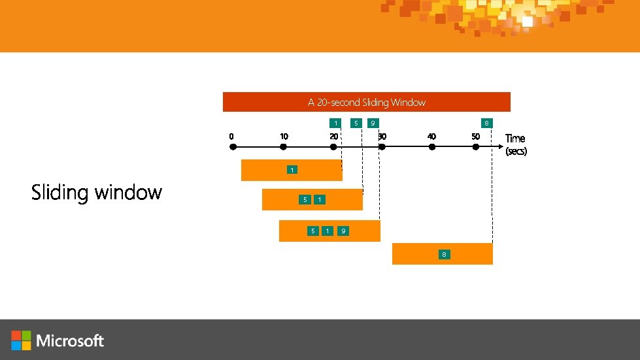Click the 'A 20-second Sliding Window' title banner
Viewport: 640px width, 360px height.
pos(366,102)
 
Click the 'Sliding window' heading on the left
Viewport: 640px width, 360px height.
pos(97,192)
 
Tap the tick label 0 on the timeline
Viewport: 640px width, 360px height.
pos(231,137)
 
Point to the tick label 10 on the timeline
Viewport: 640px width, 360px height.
pos(284,137)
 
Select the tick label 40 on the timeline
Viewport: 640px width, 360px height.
pos(431,137)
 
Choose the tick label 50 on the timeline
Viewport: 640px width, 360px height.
pos(475,137)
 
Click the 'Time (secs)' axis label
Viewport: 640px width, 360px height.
pos(515,144)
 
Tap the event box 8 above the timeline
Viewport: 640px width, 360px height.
pos(486,123)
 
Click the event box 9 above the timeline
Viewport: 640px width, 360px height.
pos(373,123)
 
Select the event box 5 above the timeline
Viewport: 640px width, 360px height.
pos(356,123)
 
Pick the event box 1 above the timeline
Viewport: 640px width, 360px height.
pos(335,123)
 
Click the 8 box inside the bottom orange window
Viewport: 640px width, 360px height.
pos(444,254)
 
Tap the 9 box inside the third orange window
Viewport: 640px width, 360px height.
pos(343,231)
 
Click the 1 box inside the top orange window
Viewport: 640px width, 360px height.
pos(292,170)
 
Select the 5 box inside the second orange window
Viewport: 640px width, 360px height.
pos(304,199)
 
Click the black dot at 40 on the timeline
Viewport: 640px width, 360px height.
pos(431,147)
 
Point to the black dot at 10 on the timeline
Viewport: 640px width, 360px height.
pos(283,147)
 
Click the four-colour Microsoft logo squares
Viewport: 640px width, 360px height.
pos(21,340)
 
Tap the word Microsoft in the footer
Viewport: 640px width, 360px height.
pos(70,340)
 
